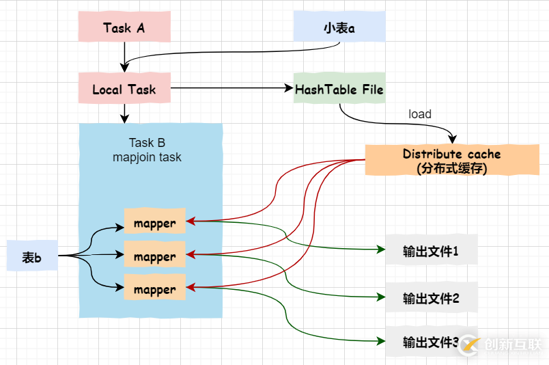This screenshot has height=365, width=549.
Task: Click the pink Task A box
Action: [124, 28]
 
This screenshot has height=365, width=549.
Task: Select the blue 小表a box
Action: [339, 28]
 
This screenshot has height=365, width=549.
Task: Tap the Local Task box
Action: [124, 90]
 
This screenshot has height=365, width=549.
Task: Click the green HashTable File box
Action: [339, 90]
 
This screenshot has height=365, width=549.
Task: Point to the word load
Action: [419, 114]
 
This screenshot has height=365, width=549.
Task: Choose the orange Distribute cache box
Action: [451, 161]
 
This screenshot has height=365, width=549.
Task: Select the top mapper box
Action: [154, 223]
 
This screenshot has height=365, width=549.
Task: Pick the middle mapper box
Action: [154, 256]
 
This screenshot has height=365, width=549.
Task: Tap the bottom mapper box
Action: [154, 289]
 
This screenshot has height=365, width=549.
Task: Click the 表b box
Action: [32, 257]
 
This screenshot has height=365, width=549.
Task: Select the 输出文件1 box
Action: [431, 251]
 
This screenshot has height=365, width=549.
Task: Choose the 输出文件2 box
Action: [431, 298]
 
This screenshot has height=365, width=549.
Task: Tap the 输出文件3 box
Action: [422, 342]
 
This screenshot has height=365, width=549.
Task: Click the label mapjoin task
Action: [147, 157]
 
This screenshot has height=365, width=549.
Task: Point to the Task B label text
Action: [147, 143]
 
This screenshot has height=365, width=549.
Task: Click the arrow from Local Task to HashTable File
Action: [232, 88]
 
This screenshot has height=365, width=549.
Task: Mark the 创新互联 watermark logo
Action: [501, 343]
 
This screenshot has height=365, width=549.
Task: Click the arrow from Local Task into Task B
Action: [124, 113]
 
